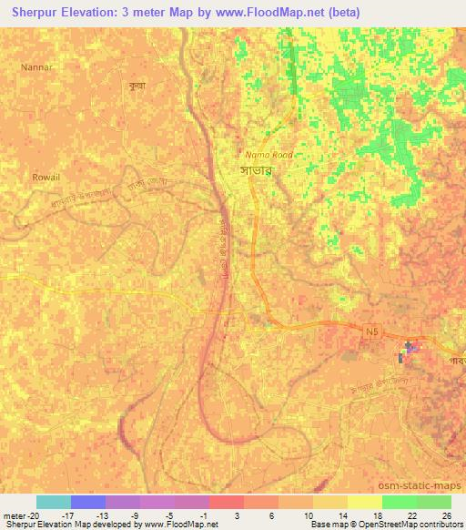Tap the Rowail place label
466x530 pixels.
(x=46, y=177)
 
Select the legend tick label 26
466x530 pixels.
(x=446, y=515)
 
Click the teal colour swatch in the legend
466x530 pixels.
(x=54, y=502)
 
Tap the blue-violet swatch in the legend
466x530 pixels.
(x=88, y=502)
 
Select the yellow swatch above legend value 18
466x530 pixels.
(x=365, y=502)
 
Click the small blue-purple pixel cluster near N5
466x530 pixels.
(x=410, y=347)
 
